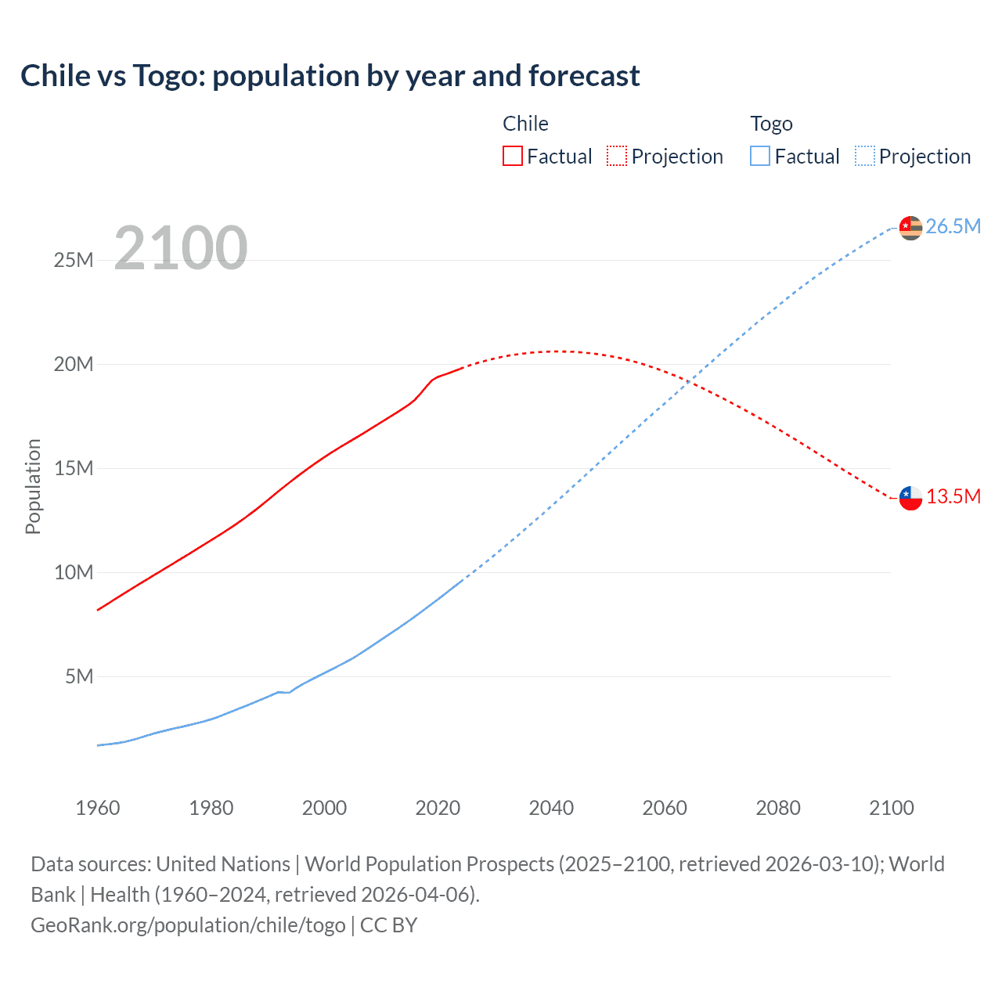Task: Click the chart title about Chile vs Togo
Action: coord(330,76)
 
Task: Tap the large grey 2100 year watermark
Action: coord(181,248)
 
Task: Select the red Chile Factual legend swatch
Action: coord(512,156)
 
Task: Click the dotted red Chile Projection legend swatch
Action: coord(617,156)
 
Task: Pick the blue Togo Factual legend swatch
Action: coord(759,156)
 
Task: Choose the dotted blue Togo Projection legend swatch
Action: coord(864,156)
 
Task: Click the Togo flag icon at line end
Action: coord(910,228)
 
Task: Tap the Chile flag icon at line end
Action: coord(910,498)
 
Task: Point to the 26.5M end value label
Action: coord(953,226)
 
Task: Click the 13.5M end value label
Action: coord(953,496)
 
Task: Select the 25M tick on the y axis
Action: coord(74,260)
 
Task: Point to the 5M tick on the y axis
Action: coord(79,676)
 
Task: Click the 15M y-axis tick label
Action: coord(74,468)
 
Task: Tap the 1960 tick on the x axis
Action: coord(98,808)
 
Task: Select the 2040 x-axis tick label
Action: coord(551,808)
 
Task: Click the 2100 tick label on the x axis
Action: coord(891,808)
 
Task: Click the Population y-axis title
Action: coord(33,486)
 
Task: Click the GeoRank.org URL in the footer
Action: coord(188,925)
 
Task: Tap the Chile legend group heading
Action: coord(525,124)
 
